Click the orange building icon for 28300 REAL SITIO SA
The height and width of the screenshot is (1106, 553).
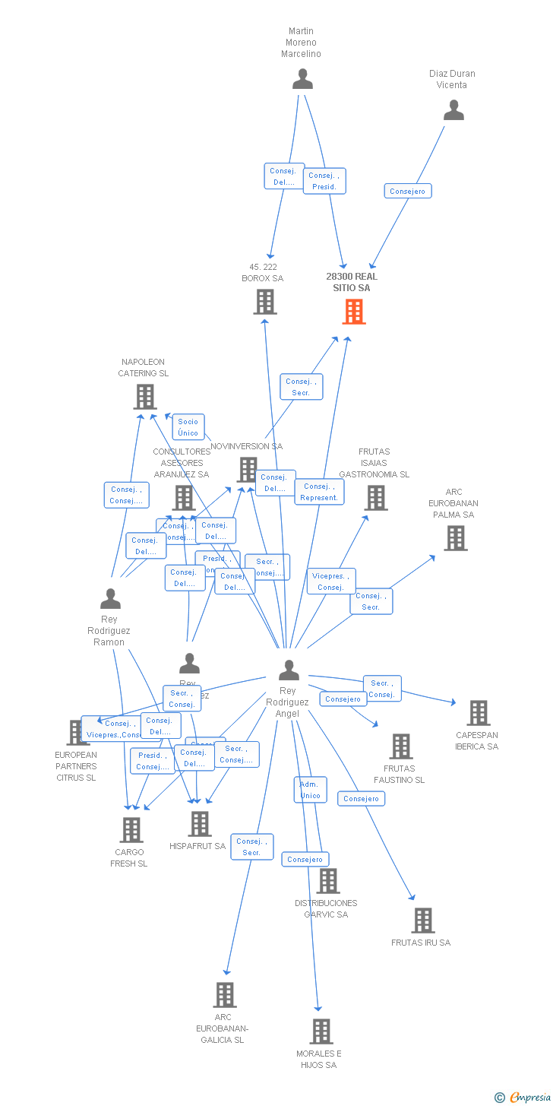click(354, 311)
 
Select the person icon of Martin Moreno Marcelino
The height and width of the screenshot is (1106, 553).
click(302, 79)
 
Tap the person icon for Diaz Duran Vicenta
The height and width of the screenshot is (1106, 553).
click(453, 110)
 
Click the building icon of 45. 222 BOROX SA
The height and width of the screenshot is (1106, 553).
click(264, 302)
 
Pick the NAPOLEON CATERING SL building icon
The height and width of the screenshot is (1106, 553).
click(145, 396)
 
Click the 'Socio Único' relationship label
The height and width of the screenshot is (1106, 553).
click(188, 427)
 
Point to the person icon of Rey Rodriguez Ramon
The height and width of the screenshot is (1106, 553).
click(110, 599)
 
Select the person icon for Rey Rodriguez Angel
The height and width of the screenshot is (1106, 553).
click(289, 670)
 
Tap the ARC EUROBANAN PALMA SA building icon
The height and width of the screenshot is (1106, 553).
click(455, 537)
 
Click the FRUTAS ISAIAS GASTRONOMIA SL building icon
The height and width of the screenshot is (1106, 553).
click(376, 497)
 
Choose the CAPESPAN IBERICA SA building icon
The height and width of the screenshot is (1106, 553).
click(479, 713)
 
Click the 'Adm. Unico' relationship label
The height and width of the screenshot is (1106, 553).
click(310, 790)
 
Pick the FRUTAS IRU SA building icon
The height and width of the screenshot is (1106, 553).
click(423, 921)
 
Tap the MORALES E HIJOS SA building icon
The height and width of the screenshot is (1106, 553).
click(321, 1032)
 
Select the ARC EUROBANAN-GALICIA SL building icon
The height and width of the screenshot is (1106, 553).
click(224, 994)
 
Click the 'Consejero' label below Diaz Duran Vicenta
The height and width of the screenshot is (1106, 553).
click(408, 191)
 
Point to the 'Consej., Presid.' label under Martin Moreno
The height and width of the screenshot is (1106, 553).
click(324, 181)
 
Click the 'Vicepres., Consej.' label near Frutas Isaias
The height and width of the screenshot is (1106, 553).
click(331, 582)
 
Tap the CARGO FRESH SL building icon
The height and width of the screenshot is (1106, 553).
click(131, 830)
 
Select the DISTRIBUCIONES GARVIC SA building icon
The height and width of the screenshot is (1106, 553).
click(327, 881)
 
